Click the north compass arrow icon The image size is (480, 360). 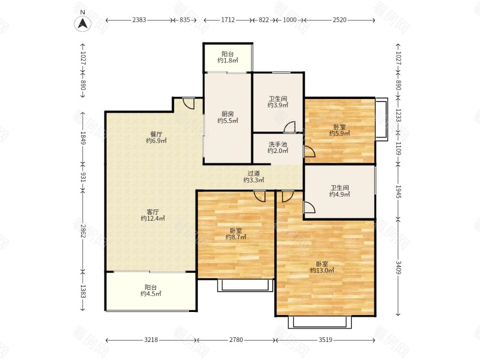[x=82, y=23]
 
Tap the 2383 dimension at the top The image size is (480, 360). [x=139, y=20]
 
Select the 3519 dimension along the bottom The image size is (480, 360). [x=325, y=340]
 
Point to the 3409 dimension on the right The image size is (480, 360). [x=398, y=267]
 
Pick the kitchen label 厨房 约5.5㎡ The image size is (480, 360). [x=228, y=117]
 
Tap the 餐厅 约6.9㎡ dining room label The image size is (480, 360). [x=156, y=137]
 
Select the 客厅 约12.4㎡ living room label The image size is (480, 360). [x=153, y=215]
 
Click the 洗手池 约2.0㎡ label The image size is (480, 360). [x=278, y=147]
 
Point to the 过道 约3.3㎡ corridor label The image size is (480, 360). [x=254, y=176]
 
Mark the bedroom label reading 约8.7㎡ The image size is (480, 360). [x=236, y=233]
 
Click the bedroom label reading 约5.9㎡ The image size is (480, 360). [x=340, y=130]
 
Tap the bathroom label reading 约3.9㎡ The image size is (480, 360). [x=278, y=102]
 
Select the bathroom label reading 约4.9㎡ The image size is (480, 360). [x=340, y=191]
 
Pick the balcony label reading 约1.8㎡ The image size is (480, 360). [x=228, y=57]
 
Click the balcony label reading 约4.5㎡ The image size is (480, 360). [x=151, y=290]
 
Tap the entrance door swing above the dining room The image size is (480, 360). [x=188, y=103]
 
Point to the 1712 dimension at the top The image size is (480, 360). [x=228, y=20]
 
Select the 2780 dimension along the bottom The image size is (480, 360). [x=236, y=340]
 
